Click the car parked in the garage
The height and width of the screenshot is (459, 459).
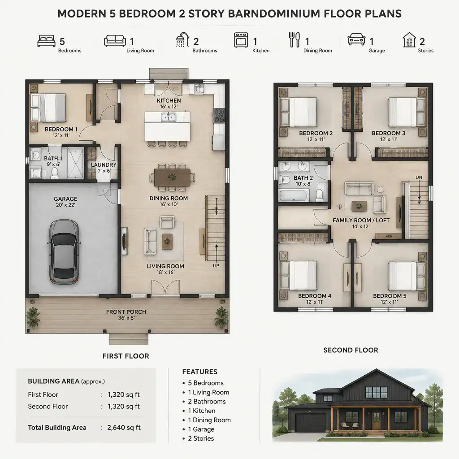click(x=63, y=252)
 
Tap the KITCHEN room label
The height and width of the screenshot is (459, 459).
click(x=169, y=101)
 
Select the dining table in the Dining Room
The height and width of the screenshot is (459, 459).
click(x=172, y=177)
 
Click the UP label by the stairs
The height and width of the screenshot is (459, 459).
click(x=216, y=266)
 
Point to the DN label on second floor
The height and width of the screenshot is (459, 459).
click(x=419, y=178)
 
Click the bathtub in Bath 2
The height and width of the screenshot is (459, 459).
click(x=294, y=195)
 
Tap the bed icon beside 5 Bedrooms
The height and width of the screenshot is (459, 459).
click(x=47, y=41)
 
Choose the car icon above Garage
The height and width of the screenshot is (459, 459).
click(x=356, y=39)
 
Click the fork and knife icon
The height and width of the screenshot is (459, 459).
click(x=294, y=40)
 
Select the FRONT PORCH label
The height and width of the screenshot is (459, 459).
click(x=126, y=312)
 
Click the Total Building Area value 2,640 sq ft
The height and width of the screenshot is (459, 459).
click(x=124, y=427)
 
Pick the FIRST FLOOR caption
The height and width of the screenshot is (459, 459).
click(x=126, y=356)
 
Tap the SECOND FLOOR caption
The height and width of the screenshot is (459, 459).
click(x=351, y=350)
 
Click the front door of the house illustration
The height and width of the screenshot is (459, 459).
click(x=377, y=420)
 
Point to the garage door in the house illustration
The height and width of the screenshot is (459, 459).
click(x=310, y=423)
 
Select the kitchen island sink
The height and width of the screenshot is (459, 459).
click(x=169, y=117)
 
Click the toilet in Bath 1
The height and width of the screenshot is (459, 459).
click(x=55, y=173)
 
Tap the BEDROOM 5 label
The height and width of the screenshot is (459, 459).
click(x=390, y=296)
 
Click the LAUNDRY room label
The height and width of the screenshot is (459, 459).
click(x=104, y=165)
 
